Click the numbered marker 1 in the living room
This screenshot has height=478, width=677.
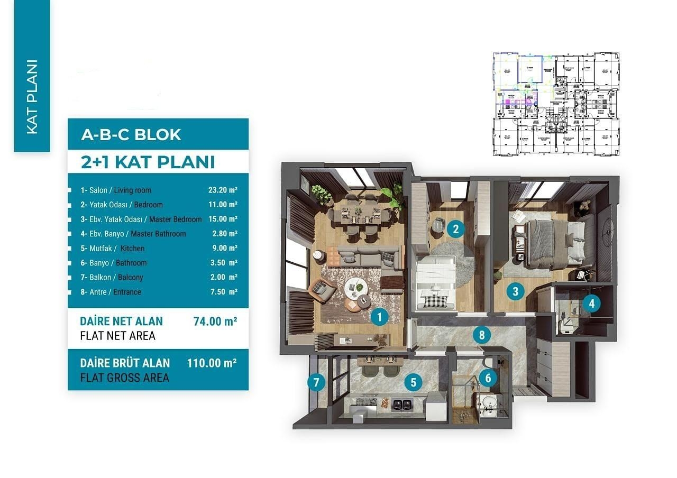click(379, 317)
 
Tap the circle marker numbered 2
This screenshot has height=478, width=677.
click(455, 229)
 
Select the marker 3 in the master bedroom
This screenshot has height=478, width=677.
click(515, 290)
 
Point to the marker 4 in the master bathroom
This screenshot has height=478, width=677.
click(592, 304)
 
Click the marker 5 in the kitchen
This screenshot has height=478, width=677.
click(414, 382)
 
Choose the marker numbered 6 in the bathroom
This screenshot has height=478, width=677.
click(488, 378)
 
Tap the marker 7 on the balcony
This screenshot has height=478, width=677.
click(316, 382)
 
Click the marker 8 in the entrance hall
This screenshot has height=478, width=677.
click(481, 335)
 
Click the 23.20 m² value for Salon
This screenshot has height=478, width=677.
click(223, 190)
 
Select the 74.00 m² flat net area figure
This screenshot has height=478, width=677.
click(215, 321)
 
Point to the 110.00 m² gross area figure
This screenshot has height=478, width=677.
click(212, 363)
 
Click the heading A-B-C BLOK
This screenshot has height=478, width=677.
click(131, 135)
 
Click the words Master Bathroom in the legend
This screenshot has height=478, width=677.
click(158, 234)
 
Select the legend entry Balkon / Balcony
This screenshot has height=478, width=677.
click(112, 278)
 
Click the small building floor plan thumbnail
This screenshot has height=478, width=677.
click(556, 104)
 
